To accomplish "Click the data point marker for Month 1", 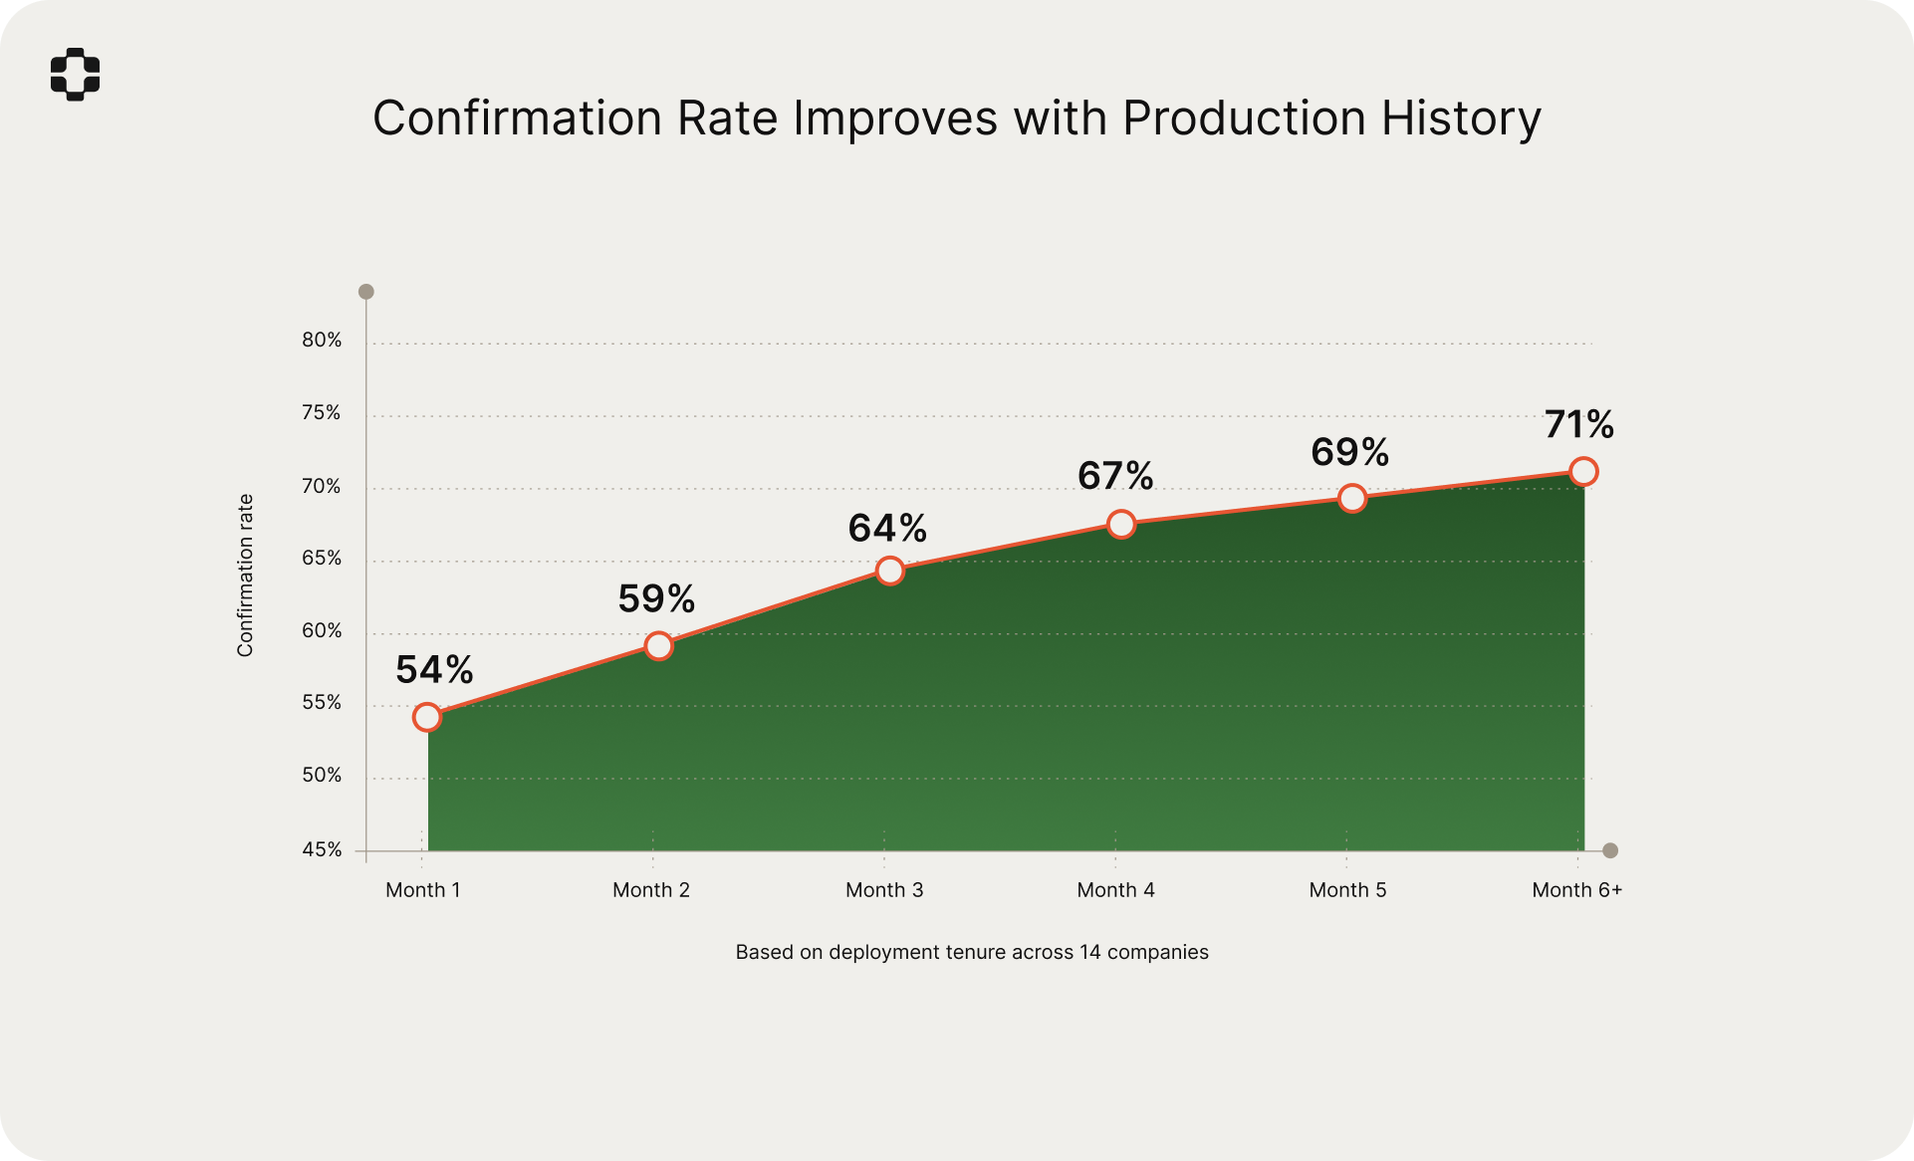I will (x=427, y=717).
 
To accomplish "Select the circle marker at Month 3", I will (x=890, y=571).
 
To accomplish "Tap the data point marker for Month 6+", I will (x=1583, y=471).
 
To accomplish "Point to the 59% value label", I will (x=656, y=598).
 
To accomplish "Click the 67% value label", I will (x=1115, y=476).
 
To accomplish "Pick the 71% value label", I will (x=1579, y=424).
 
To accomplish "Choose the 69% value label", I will (x=1349, y=452).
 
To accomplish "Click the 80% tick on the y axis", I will (x=322, y=341).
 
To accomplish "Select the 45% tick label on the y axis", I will (x=322, y=849).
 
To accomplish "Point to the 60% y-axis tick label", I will (x=322, y=630).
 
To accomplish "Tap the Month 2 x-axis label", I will (x=651, y=890).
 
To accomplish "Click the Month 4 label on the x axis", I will (x=1115, y=890).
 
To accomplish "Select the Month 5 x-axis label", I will (x=1347, y=890).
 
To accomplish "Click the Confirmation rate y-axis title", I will (x=245, y=576).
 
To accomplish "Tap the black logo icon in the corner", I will (x=76, y=74).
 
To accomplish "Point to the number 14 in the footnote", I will (x=1090, y=952).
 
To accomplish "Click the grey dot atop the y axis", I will (x=366, y=292).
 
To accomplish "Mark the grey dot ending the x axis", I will (x=1610, y=850).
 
